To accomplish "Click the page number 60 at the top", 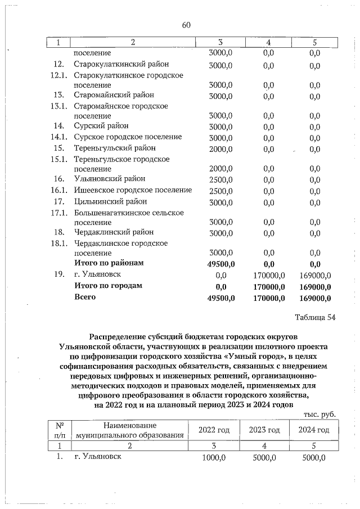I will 187,25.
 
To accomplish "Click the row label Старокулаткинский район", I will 121,64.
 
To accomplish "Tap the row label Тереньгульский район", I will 114,148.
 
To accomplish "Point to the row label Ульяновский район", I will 110,179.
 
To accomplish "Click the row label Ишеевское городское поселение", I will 133,190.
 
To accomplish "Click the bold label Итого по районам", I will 109,263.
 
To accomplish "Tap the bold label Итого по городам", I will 109,285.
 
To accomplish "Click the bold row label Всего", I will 85,296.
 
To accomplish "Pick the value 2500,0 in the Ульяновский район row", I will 220,179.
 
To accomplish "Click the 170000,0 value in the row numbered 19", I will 268,275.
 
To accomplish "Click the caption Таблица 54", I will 316,317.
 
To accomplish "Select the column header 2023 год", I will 264,430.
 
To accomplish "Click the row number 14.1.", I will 58,137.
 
